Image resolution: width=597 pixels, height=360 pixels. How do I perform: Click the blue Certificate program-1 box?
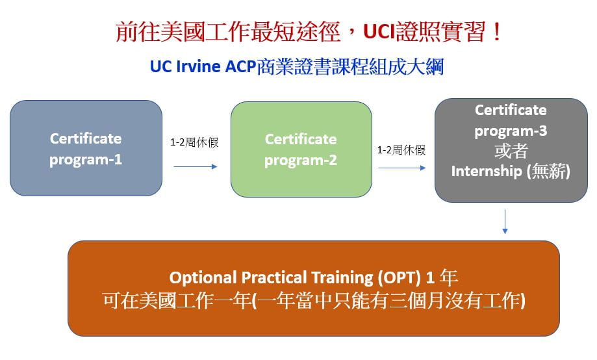[86, 148]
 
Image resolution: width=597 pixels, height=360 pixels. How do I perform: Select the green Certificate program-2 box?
[301, 149]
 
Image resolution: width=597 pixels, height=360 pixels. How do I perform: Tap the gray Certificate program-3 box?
[511, 150]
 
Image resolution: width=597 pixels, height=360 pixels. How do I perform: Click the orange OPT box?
[314, 289]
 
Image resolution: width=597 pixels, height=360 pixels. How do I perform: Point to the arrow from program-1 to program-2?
[196, 166]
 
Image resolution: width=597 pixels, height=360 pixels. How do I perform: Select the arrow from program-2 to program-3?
[402, 168]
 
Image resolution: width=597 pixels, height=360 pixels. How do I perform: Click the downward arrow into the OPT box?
[505, 222]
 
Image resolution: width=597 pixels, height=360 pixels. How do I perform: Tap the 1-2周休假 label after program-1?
[194, 142]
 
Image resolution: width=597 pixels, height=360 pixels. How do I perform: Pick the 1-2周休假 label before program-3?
[401, 150]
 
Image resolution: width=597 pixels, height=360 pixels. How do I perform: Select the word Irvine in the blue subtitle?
[198, 66]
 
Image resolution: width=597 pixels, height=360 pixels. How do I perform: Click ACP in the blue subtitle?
[240, 66]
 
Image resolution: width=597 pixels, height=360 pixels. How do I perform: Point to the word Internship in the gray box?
[486, 171]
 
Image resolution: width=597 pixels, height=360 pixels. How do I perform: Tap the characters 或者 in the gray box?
[511, 151]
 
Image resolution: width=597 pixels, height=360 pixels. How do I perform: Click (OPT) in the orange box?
[400, 277]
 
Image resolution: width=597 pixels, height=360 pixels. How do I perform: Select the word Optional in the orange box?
[203, 277]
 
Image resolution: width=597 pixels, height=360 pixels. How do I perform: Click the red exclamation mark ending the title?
[496, 32]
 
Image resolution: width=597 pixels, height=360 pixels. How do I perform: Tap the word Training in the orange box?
[342, 277]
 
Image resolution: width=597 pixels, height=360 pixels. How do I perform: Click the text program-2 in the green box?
[301, 161]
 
